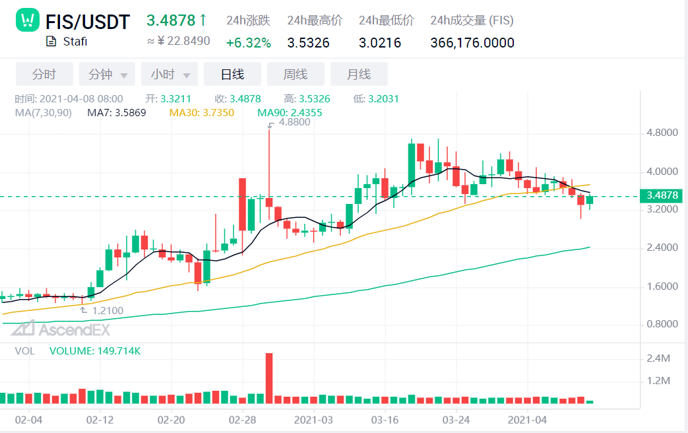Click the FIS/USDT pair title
click(88, 22)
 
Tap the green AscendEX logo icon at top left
click(28, 21)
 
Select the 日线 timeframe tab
click(232, 74)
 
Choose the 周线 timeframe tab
click(295, 74)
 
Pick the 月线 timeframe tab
click(359, 74)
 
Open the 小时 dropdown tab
click(169, 74)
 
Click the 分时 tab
click(44, 74)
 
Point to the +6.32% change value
click(248, 43)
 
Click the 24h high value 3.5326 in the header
click(308, 43)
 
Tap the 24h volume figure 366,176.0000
click(472, 43)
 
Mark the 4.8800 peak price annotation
click(294, 122)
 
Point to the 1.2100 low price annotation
click(107, 310)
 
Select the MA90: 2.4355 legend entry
click(290, 113)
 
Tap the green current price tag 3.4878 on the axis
click(662, 195)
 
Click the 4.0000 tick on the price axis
click(662, 172)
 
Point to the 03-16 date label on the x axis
click(384, 420)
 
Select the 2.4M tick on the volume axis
click(660, 358)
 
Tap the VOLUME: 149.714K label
click(95, 351)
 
